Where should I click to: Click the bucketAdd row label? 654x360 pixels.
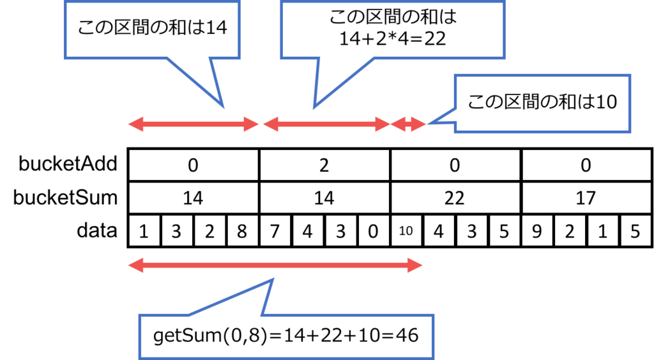[68, 164]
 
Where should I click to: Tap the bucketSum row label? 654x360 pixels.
[66, 197]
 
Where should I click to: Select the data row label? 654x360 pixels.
[97, 230]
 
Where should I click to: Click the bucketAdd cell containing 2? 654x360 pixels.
[324, 165]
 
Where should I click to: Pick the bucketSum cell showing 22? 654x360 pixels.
[455, 198]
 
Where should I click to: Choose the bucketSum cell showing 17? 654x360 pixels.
[586, 198]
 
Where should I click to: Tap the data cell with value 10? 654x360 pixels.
[406, 230]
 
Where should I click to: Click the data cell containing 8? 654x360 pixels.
[242, 230]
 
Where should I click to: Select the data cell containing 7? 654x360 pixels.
[275, 230]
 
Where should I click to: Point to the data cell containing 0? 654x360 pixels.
[373, 230]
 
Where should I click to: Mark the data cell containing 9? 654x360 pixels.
[536, 230]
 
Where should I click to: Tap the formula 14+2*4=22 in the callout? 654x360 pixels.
[393, 39]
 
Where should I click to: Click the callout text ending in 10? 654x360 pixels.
[542, 102]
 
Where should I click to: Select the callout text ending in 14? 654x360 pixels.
[153, 28]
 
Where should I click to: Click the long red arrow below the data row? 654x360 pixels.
[275, 266]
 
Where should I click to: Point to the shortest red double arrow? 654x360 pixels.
[408, 124]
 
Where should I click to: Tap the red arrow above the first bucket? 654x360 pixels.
[193, 124]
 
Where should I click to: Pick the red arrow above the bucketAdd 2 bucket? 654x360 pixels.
[326, 124]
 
